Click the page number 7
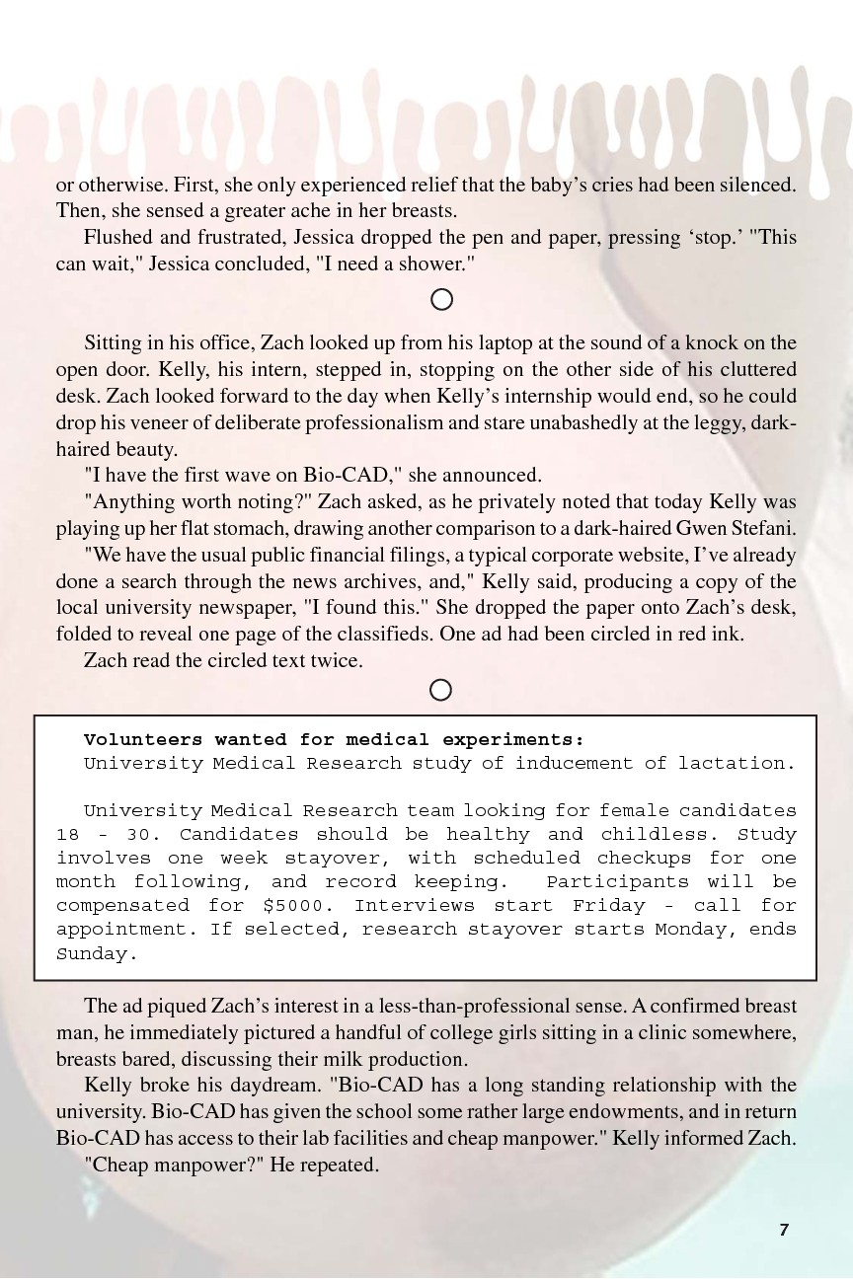784,1229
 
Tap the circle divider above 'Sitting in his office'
442,299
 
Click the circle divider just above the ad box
441,690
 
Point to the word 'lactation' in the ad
735,763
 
